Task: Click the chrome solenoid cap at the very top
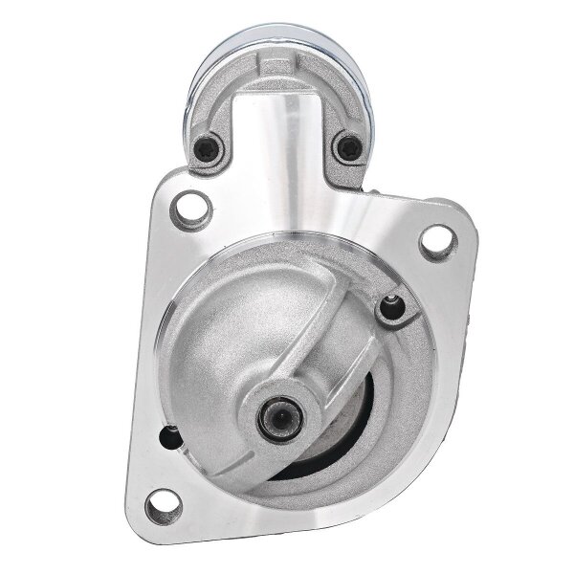tap(277, 38)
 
